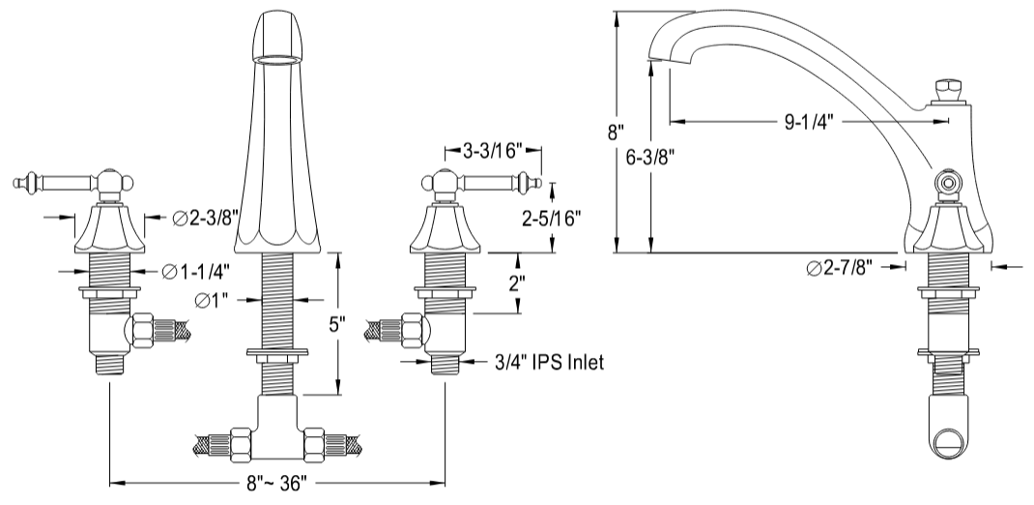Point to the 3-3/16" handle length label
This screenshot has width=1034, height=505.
coord(491,150)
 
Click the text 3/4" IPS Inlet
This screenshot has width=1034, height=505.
coord(546,363)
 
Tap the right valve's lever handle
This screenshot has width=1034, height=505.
coord(493,181)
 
